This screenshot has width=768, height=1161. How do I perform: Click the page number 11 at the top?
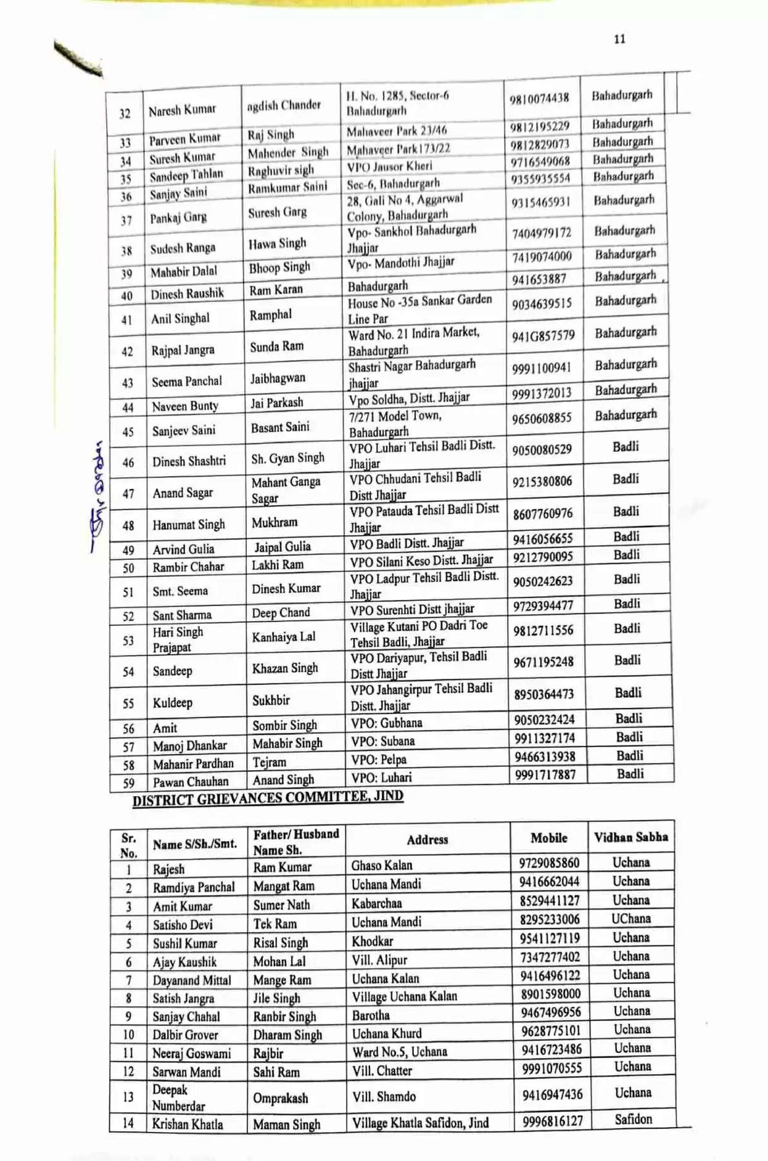tap(619, 39)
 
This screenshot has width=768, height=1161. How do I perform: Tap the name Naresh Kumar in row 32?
tap(182, 110)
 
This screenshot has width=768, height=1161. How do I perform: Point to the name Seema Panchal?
tap(187, 381)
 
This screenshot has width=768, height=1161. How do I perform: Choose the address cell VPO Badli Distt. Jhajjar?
tap(407, 543)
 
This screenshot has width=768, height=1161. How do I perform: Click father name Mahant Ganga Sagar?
tap(286, 490)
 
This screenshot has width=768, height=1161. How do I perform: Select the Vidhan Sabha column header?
tap(630, 837)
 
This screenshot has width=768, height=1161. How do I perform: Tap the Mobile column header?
tap(548, 837)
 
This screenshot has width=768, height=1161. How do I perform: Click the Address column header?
tap(427, 839)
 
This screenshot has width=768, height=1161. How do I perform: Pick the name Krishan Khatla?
tap(188, 1123)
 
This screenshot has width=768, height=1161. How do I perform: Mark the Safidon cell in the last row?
tap(633, 1119)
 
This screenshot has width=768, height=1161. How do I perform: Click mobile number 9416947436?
tap(552, 1094)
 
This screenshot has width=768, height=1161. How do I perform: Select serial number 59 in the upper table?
tap(128, 782)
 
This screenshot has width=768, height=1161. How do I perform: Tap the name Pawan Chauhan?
tap(191, 781)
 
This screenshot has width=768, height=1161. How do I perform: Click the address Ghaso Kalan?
tap(382, 865)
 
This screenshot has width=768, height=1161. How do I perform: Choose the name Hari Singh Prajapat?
tap(178, 639)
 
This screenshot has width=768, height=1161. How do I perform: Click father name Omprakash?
tap(280, 1097)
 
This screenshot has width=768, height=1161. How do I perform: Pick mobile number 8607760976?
tap(543, 514)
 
